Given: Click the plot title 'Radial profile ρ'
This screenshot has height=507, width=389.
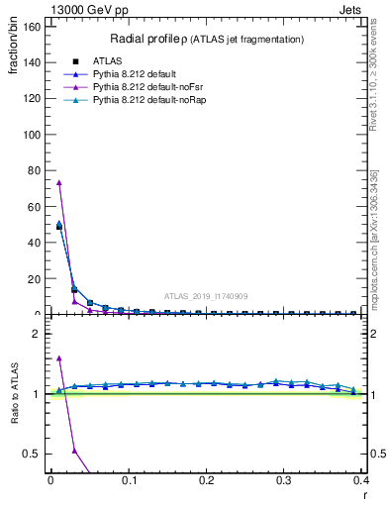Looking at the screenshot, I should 148,39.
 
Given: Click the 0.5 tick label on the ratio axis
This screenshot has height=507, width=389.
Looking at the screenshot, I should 31,454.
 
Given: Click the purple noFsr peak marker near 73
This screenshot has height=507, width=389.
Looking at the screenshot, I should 58,182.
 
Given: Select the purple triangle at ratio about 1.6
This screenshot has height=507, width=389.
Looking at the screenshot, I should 58,357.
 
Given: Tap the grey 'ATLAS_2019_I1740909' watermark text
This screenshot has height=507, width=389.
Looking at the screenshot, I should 205,296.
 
